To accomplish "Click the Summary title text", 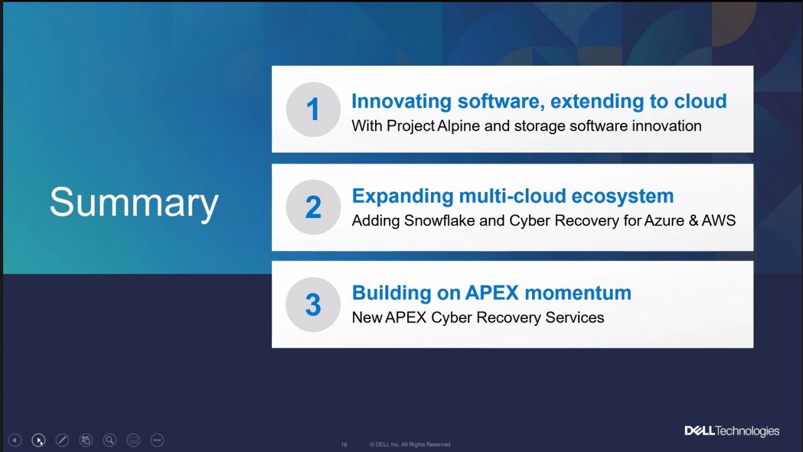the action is tap(134, 202).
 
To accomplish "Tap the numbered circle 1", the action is tap(314, 109).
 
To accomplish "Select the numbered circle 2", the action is tap(314, 207).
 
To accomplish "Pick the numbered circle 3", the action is tap(313, 304).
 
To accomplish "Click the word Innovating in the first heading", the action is tap(401, 101).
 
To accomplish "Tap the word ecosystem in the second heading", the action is tap(622, 196).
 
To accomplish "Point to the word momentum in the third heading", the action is tap(578, 293).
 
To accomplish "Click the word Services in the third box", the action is tap(575, 318).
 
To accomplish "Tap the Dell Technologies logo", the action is tap(731, 431).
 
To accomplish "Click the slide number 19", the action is tap(344, 445).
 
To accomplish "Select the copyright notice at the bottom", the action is tap(410, 444).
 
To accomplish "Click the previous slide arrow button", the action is tap(14, 440).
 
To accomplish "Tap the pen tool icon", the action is tap(62, 440).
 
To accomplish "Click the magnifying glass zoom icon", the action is tap(110, 440).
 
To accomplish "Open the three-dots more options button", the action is tap(157, 440).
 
